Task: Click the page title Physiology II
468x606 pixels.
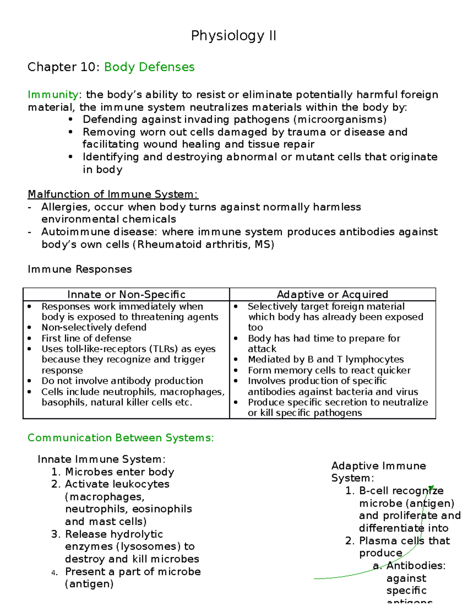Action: point(234,36)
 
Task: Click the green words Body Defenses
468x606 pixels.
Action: point(149,67)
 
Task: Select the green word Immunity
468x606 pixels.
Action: point(53,95)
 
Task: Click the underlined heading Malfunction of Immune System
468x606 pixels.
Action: point(113,194)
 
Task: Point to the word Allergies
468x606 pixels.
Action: point(66,207)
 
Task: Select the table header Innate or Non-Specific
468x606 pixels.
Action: point(126,294)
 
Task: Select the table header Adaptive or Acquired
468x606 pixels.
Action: point(332,294)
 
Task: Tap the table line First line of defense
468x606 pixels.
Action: point(86,338)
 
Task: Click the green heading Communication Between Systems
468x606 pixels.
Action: point(121,438)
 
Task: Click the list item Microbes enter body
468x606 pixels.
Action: point(119,472)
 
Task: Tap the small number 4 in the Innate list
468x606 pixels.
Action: point(54,573)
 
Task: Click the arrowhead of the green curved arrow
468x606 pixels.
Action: point(431,488)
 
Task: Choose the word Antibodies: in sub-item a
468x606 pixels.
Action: point(416,566)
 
